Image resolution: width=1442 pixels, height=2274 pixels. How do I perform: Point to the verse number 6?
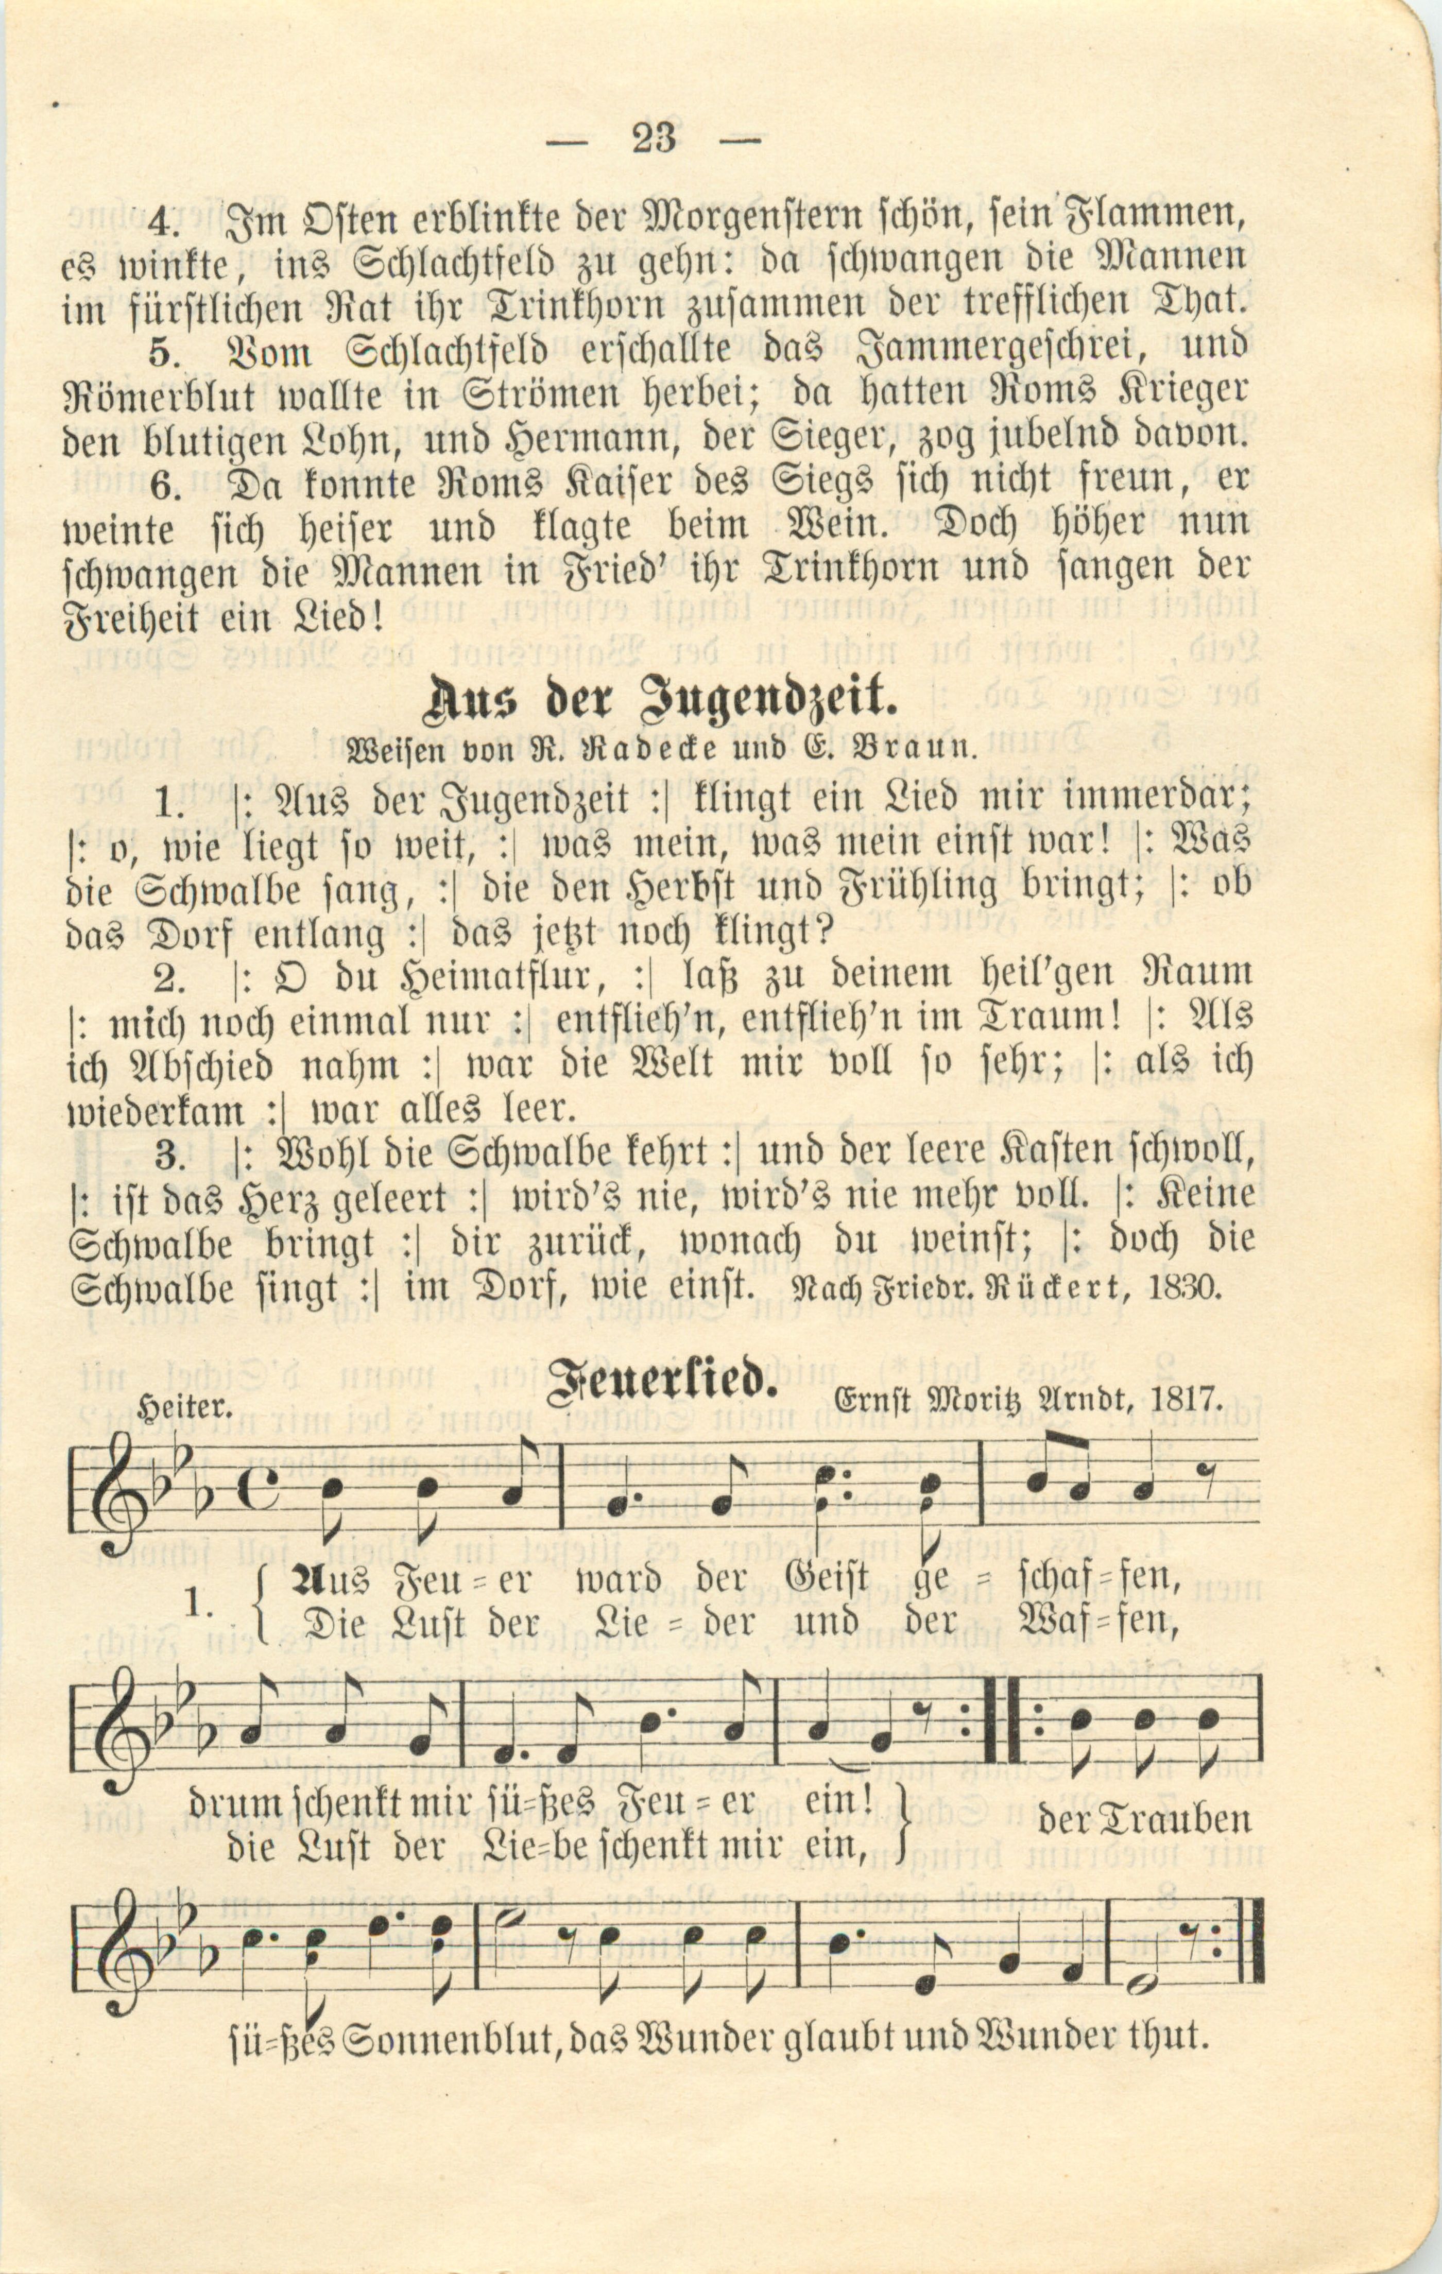(165, 484)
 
